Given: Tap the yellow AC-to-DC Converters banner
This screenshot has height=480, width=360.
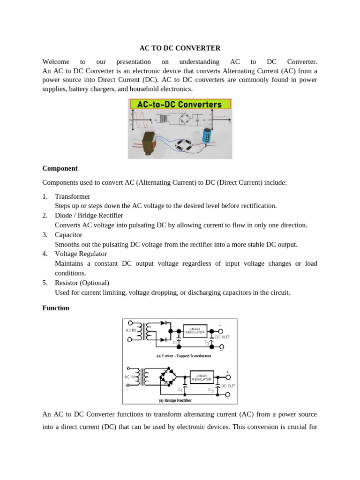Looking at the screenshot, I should pos(180,104).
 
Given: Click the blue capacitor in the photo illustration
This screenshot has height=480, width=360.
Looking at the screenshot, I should pos(207,135).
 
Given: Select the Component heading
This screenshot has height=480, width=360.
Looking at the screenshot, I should pos(60,168).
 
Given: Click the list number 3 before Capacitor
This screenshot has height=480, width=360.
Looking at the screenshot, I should pos(45,235).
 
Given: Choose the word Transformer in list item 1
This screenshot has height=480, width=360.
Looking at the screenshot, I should pos(73,196).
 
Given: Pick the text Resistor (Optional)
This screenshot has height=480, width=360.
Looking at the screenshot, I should pos(82,283).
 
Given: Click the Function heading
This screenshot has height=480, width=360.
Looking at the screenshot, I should pos(56,308).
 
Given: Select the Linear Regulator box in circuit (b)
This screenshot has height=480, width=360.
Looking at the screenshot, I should pos(202,377).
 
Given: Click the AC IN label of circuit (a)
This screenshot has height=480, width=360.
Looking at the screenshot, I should pos(131,330).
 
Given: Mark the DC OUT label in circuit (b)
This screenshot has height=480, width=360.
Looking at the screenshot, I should pos(228,386).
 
